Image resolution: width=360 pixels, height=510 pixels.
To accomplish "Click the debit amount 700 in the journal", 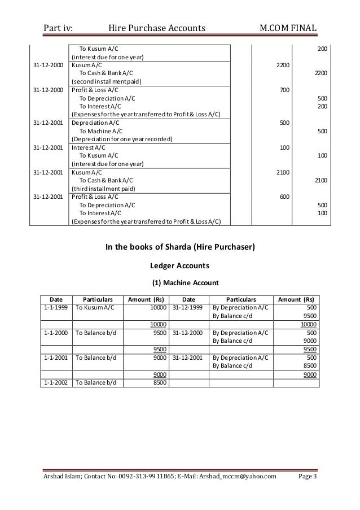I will [285, 90].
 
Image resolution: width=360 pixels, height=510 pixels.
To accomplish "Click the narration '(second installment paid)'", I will [106, 82].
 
